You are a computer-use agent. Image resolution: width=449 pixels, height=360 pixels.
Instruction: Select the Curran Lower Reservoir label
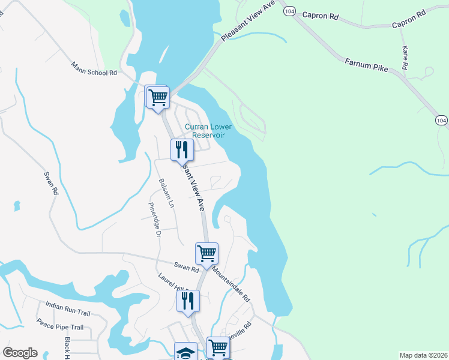(x=205, y=131)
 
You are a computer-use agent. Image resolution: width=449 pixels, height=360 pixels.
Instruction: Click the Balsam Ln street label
(x=166, y=193)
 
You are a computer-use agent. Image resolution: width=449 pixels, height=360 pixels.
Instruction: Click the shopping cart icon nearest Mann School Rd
(x=158, y=97)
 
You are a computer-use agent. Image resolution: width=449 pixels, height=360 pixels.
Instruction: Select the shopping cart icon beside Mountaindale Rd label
(x=206, y=253)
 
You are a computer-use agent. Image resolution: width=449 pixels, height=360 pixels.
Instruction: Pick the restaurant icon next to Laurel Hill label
(x=188, y=301)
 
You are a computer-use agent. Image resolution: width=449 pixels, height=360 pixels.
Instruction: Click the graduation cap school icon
(x=185, y=352)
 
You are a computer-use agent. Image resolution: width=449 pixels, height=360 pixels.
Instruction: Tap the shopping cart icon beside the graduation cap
(x=218, y=347)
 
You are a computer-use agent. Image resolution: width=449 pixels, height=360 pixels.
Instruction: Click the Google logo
(x=20, y=353)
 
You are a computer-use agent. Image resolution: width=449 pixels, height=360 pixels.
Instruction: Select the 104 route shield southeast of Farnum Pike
(x=442, y=121)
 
